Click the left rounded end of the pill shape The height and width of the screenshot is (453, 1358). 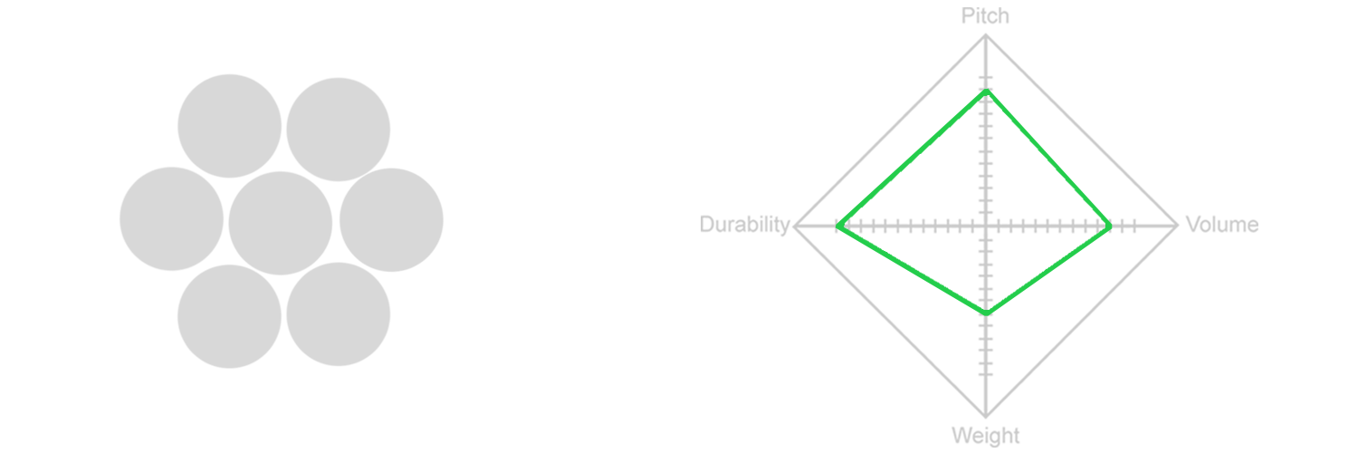point(127,219)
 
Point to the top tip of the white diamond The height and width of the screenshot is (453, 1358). point(986,96)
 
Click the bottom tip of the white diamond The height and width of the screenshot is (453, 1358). point(986,310)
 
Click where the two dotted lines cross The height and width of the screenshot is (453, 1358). point(986,225)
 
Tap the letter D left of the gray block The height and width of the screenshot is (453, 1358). point(707,225)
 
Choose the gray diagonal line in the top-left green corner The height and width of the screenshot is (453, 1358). point(883,136)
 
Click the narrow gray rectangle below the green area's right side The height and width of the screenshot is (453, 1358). point(1107,381)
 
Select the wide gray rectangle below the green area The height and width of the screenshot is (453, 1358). point(933,381)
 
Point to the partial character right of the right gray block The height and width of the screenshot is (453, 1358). point(1253,226)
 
